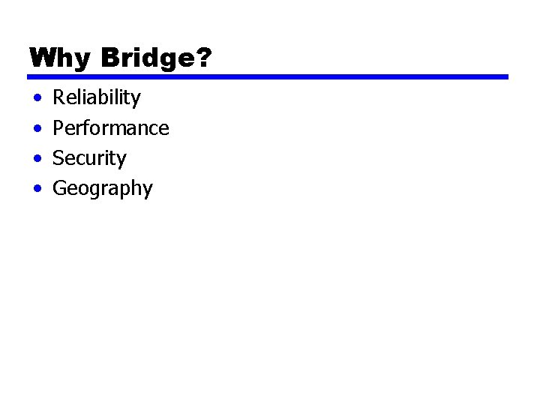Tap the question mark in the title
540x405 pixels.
coord(205,58)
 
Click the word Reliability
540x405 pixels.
coord(97,97)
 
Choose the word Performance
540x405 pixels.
coord(111,128)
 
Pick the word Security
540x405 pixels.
coord(89,158)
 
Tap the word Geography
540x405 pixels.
coord(102,189)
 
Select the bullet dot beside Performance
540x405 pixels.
coord(37,129)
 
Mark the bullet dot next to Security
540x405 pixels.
coord(37,159)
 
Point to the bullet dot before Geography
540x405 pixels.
coord(37,189)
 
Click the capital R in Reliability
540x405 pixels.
coord(58,97)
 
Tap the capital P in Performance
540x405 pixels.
coord(58,128)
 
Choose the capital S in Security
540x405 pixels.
coord(58,158)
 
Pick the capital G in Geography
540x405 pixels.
coord(59,188)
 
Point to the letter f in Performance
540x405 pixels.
coord(90,127)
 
